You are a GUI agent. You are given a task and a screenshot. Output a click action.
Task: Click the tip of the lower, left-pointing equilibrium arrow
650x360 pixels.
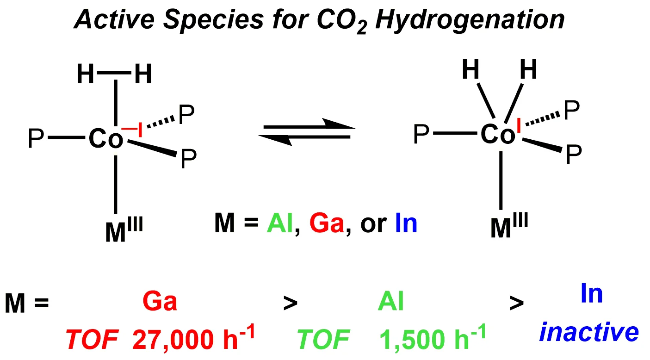(259, 136)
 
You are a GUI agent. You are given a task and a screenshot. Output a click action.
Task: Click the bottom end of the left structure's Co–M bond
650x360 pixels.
(116, 214)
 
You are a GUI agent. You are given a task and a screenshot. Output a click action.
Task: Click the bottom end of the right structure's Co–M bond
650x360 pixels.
(501, 210)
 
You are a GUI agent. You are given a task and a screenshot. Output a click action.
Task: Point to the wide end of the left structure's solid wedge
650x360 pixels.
(176, 154)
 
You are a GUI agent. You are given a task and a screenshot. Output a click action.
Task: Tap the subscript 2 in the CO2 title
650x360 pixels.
(362, 28)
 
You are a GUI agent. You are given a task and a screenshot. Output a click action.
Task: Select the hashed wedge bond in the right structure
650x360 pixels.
(543, 118)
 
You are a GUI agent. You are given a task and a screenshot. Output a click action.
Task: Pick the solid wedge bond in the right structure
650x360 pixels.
(542, 145)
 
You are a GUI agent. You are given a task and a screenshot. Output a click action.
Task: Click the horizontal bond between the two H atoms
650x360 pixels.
(114, 73)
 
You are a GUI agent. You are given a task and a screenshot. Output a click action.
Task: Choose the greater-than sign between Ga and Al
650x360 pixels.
(290, 303)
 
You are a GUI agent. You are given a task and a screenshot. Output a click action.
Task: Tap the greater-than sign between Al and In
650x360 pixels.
(517, 303)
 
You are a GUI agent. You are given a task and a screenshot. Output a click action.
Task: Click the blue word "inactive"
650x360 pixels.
(589, 332)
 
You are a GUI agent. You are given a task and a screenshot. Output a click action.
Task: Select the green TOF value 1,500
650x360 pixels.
(412, 340)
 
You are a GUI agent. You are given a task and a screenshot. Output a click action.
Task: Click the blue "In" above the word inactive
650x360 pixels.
(592, 293)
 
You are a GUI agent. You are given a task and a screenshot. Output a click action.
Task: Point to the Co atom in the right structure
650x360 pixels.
(498, 134)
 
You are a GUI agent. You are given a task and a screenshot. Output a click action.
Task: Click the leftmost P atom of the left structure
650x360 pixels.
(36, 138)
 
